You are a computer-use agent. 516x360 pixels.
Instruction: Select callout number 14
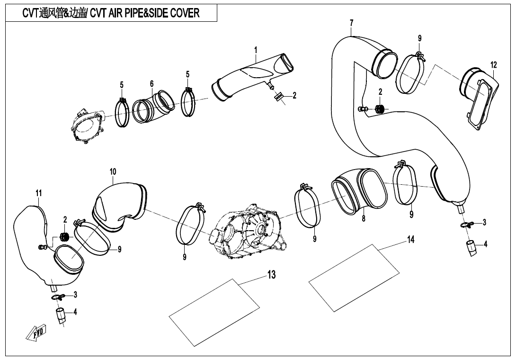click(410, 240)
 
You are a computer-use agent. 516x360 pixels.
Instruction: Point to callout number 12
click(493, 64)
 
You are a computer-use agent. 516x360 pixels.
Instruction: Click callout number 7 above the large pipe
click(351, 23)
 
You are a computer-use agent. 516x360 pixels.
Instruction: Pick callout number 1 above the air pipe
click(256, 50)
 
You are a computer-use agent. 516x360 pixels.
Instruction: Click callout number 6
click(151, 83)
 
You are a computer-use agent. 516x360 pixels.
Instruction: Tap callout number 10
click(113, 171)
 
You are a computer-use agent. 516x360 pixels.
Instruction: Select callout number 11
click(39, 193)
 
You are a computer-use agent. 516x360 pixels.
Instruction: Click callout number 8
click(364, 219)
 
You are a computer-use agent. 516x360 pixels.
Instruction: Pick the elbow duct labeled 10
click(121, 206)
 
